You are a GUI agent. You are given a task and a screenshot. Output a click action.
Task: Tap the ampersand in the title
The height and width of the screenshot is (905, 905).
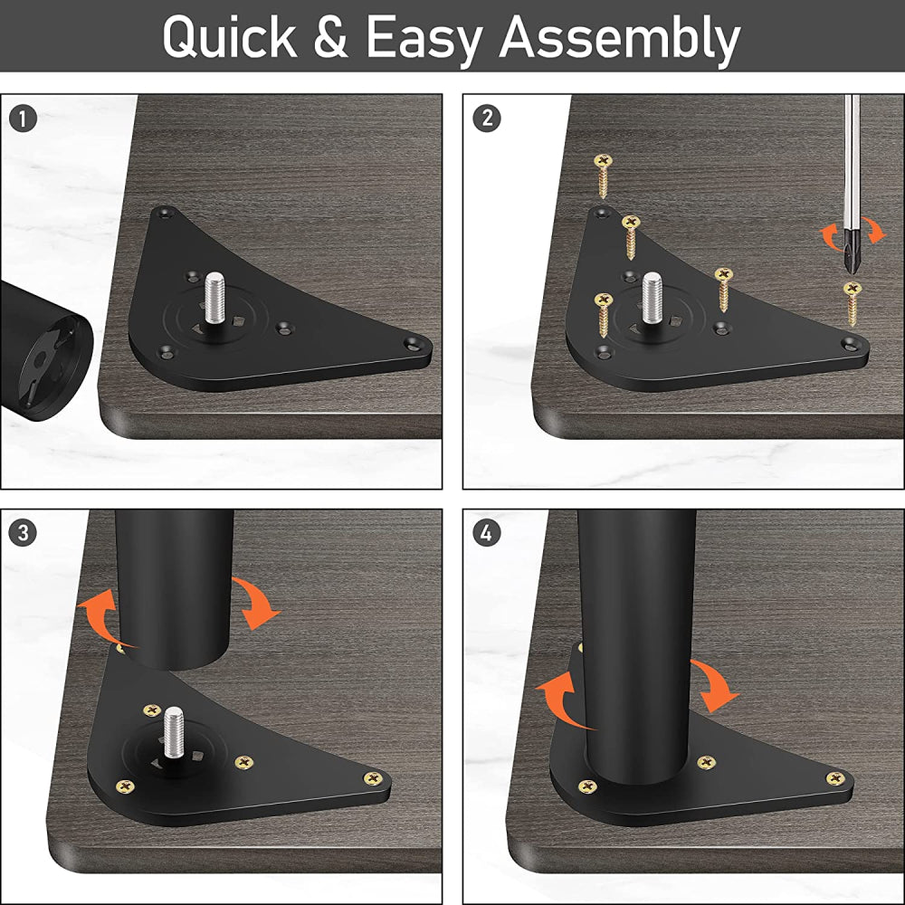coord(330,37)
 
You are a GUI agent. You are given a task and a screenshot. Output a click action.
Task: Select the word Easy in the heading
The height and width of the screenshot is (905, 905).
coord(424,41)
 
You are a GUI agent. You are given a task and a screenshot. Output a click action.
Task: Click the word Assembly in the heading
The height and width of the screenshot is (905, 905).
coord(619,41)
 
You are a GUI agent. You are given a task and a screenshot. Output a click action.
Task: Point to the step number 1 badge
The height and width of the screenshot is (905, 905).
coord(24,119)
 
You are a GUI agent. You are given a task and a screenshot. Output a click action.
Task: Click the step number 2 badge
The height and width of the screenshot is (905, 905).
coord(487,119)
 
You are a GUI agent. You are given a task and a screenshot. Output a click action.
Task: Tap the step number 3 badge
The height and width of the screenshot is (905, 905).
coord(24,532)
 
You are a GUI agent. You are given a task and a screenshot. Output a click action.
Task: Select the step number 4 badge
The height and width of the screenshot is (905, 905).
coord(487,532)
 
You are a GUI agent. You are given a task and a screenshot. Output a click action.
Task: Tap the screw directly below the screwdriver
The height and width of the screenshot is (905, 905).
coord(853,303)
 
